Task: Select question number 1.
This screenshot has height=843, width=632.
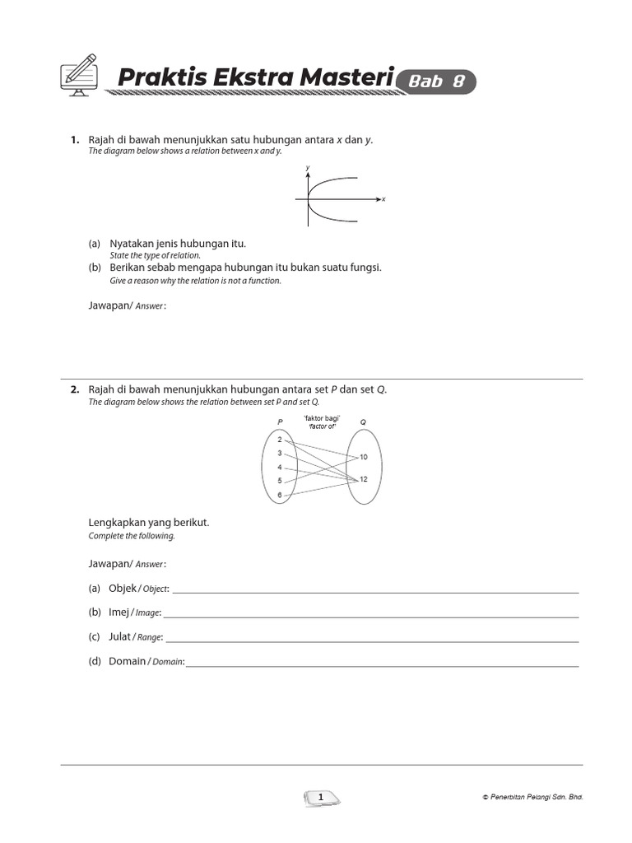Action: click(x=74, y=140)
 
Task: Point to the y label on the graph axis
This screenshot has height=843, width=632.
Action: click(x=307, y=168)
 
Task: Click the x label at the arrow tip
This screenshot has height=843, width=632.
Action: click(x=383, y=199)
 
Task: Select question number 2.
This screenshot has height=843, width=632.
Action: click(x=74, y=389)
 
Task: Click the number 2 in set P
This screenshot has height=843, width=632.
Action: click(x=280, y=440)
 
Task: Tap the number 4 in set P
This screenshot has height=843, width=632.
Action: click(x=280, y=467)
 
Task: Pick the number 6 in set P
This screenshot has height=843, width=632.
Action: click(x=280, y=495)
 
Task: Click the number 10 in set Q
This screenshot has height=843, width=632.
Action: click(x=364, y=457)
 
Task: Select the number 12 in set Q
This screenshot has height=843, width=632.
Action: click(x=364, y=479)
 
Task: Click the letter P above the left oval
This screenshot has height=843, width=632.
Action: click(x=280, y=421)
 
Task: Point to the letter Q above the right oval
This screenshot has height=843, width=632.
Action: click(x=363, y=421)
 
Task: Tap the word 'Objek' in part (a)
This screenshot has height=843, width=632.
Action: click(x=123, y=589)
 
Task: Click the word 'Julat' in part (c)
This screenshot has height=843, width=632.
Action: click(x=120, y=636)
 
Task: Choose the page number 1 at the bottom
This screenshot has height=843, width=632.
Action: click(x=320, y=797)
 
